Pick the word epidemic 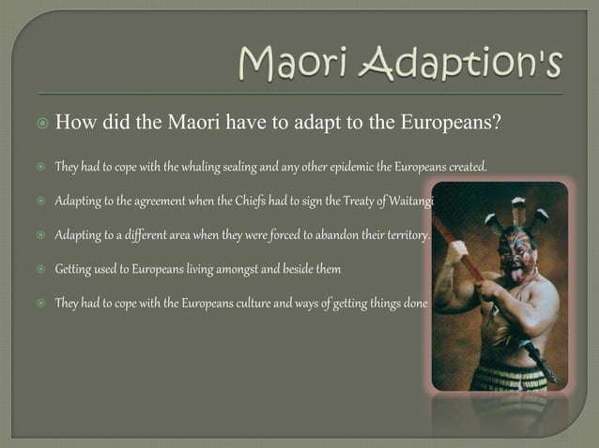coord(344,168)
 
